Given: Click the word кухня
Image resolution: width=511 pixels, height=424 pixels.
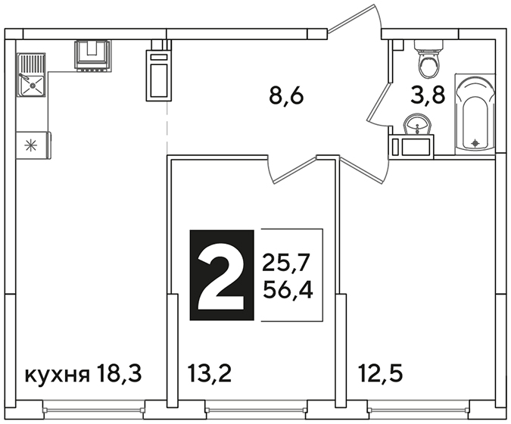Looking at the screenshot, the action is tap(58, 375).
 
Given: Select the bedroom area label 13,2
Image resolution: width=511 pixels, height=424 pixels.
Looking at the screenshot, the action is tap(210, 373).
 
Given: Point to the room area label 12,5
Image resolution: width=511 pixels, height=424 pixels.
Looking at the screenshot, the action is tap(381, 373).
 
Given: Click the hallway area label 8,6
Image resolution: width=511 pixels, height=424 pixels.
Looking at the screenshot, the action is tap(286, 95).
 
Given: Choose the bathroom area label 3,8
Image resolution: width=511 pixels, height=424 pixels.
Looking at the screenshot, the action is tap(428, 95).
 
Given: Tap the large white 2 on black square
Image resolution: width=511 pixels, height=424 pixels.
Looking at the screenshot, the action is tap(222, 275).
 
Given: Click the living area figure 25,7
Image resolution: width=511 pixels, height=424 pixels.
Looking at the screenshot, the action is tap(285, 263).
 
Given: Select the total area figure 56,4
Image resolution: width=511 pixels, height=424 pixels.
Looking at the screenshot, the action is tap(288, 290).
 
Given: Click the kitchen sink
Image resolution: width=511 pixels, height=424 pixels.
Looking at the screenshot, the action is tap(31, 75).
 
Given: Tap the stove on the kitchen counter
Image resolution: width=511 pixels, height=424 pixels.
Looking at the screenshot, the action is tap(93, 55).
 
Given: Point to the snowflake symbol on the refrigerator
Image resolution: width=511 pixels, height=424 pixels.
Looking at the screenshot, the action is tap(31, 145).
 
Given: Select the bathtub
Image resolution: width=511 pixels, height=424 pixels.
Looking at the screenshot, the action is tap(475, 114).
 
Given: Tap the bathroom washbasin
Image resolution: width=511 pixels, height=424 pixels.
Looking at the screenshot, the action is tap(418, 124).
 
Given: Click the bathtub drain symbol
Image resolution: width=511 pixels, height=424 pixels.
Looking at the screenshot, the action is tap(476, 143).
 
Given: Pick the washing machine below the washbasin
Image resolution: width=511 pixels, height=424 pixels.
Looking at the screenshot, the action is tap(411, 147).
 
